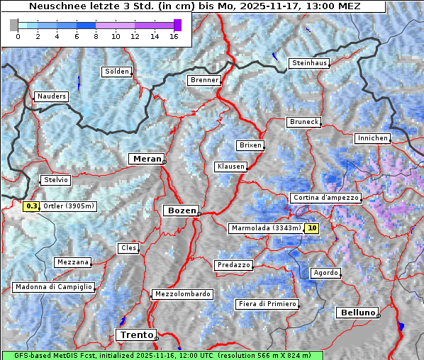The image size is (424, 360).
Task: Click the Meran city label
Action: [146, 159]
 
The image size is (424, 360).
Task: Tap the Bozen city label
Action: [180, 210]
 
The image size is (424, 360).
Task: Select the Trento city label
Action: [135, 334]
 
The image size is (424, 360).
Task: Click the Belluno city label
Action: [357, 313]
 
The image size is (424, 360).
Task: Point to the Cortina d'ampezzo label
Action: [325, 198]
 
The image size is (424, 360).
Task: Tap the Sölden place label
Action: [117, 72]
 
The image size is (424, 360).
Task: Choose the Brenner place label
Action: [205, 80]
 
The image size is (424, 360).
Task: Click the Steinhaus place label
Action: [309, 63]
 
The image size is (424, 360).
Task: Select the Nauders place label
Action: [51, 96]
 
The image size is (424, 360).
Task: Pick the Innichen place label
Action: [372, 138]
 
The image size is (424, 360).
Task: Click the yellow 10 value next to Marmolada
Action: [312, 228]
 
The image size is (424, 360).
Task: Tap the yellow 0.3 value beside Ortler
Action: [31, 206]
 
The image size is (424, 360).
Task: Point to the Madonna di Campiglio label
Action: [53, 287]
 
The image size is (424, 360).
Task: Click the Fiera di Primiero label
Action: [267, 304]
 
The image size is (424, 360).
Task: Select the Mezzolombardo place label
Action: [182, 294]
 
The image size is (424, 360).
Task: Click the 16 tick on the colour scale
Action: [173, 36]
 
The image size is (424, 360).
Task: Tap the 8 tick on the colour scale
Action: [95, 36]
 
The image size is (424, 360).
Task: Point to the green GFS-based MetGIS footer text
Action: [162, 355]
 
